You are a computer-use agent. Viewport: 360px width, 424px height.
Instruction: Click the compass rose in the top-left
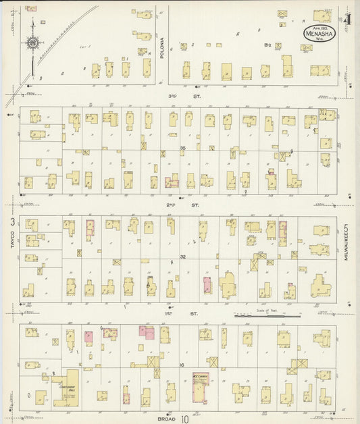tap(32, 45)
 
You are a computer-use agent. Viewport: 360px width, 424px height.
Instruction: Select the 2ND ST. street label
tap(179, 203)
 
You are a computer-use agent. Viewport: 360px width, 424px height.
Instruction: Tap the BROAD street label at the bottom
tap(165, 417)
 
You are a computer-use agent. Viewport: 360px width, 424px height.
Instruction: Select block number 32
tap(182, 257)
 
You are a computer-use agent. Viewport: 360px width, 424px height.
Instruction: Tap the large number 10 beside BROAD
tap(184, 419)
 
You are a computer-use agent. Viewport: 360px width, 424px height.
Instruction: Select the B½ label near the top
tap(267, 45)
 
